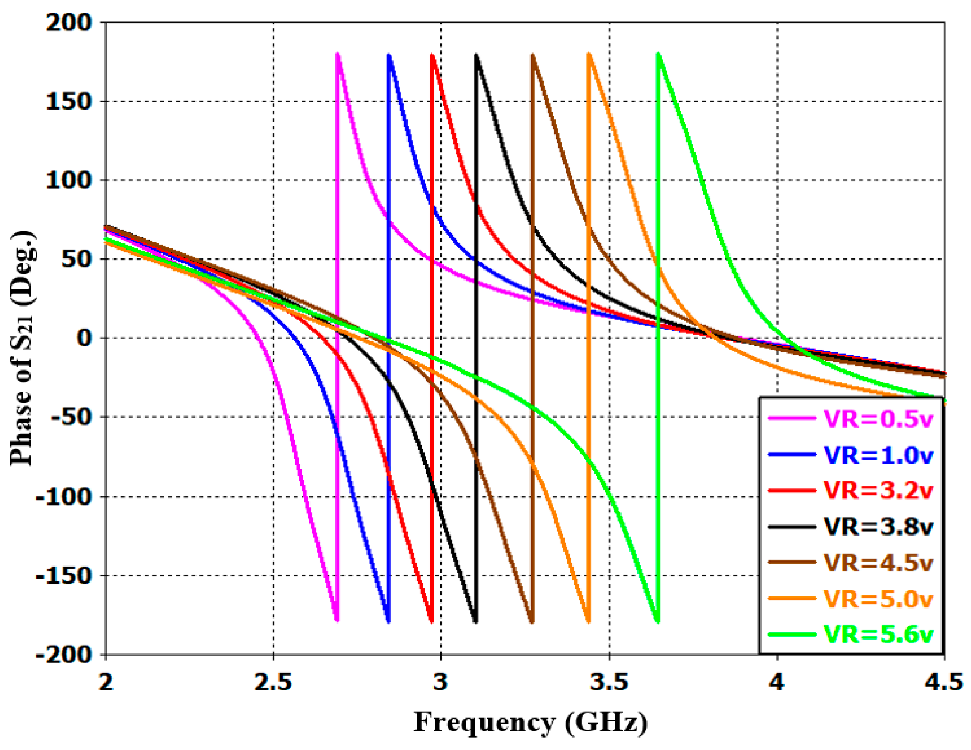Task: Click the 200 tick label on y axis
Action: tap(69, 22)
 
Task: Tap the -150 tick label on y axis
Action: tap(63, 576)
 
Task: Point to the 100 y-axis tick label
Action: tap(69, 181)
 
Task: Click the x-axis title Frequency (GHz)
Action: tap(530, 722)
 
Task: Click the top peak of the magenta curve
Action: tap(337, 54)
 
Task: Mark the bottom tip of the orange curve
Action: tap(589, 621)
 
